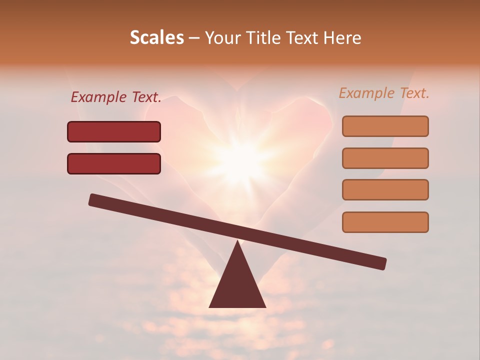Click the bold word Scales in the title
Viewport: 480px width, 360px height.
coord(156,37)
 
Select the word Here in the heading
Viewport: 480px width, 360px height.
coord(343,37)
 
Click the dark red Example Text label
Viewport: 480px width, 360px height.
coord(116,97)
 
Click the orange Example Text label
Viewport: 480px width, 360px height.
coord(384,93)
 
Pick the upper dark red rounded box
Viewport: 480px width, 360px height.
coord(114,132)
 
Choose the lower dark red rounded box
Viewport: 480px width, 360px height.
coord(114,163)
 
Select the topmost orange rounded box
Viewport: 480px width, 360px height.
coord(385,126)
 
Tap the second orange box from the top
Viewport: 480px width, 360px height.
coord(385,158)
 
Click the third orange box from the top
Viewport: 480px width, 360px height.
coord(385,189)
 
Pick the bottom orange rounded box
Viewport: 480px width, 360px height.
coord(385,222)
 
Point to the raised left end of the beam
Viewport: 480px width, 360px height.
coord(93,199)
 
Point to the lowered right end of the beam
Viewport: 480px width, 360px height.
coord(382,263)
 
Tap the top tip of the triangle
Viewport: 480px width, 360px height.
coord(237,242)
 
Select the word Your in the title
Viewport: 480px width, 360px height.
coord(222,37)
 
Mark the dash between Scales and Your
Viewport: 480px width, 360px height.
coord(194,38)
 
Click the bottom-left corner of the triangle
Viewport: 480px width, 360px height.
coord(210,306)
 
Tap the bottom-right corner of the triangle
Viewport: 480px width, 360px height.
coord(265,306)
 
